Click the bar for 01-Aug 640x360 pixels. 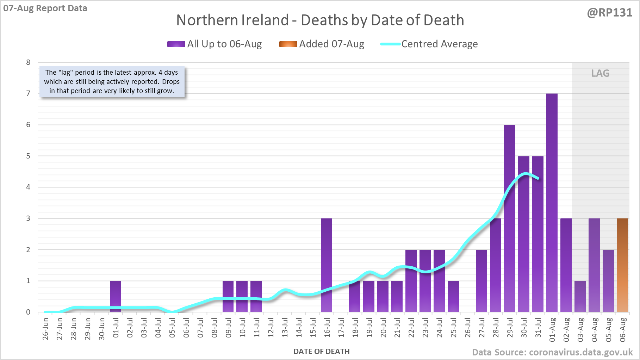point(552,203)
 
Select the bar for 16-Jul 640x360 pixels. point(327,265)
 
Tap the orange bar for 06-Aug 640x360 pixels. point(622,265)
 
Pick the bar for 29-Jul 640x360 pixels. point(510,218)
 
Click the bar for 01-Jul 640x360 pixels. point(116,296)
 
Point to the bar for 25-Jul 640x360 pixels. point(453,296)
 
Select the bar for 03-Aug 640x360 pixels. point(580,296)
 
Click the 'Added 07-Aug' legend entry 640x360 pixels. point(322,44)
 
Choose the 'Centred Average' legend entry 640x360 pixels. point(429,44)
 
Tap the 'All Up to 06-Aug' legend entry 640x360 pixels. point(215,44)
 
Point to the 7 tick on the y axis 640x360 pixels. point(28,93)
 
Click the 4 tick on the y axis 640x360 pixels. point(28,187)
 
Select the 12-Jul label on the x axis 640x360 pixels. point(271,328)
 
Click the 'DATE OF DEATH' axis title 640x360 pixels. point(322,352)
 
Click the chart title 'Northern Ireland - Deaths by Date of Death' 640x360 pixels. point(320,20)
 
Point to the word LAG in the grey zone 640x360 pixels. point(600,73)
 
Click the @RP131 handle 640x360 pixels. point(610,13)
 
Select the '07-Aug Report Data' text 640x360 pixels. point(45,8)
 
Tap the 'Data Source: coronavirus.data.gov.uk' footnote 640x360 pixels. point(552,352)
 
